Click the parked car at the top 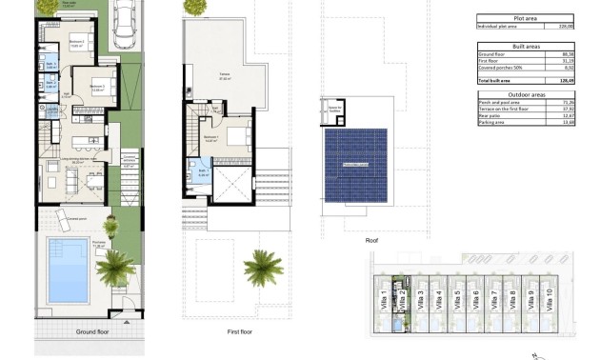point(125,25)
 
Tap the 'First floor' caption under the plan point(239,333)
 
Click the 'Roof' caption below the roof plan point(371,241)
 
